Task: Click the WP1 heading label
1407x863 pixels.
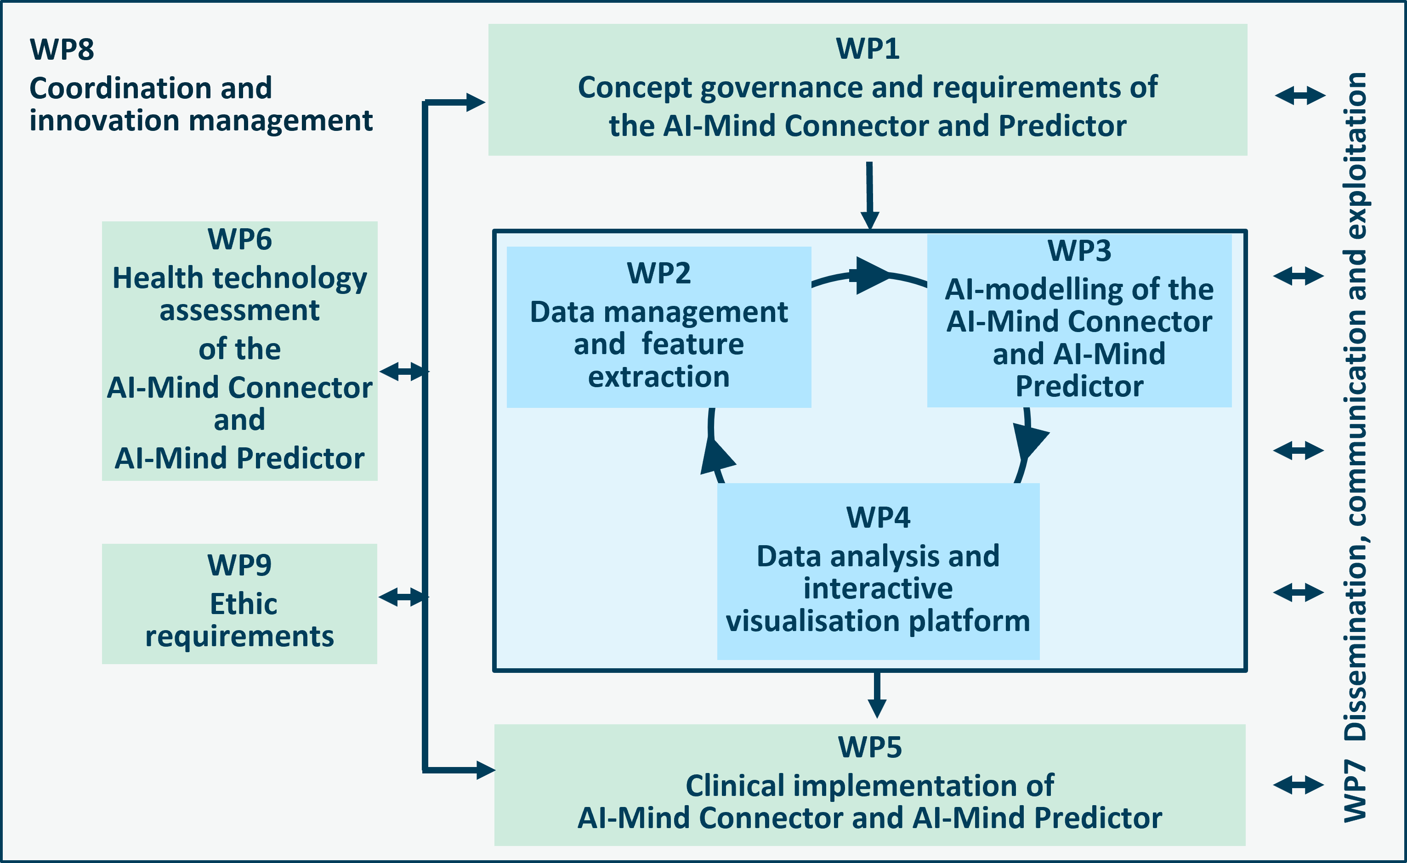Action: [x=868, y=49]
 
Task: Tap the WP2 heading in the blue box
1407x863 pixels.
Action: [x=658, y=273]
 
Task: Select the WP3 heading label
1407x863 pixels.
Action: [x=1079, y=251]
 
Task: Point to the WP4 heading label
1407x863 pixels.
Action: [x=878, y=517]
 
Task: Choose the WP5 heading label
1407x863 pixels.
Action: [x=870, y=747]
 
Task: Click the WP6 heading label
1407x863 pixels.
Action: [x=239, y=239]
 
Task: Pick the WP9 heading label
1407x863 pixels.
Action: [x=239, y=565]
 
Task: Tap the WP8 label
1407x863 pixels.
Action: [x=62, y=49]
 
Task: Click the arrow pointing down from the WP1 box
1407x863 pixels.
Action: [x=870, y=196]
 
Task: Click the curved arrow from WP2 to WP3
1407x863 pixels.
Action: [x=869, y=275]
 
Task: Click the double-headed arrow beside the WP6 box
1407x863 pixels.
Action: [x=404, y=372]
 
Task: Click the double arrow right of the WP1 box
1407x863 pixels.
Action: [x=1300, y=96]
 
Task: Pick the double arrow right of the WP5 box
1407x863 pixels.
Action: [x=1299, y=785]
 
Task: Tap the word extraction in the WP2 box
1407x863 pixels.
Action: [x=659, y=377]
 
